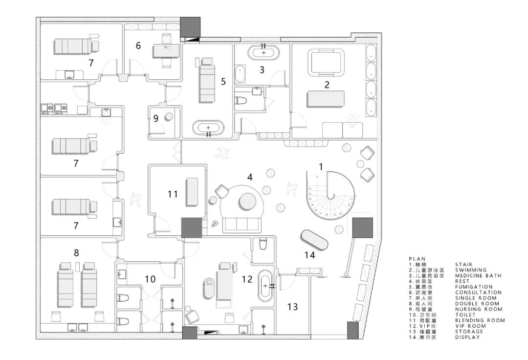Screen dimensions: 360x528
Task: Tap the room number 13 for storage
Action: coord(292,307)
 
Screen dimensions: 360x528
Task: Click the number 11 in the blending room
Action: coord(173,194)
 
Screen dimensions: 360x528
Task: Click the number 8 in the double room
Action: coord(76,253)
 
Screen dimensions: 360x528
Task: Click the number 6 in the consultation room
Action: coord(138,45)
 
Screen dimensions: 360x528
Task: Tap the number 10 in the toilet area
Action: coord(150,279)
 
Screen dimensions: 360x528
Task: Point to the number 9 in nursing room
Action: coord(156,118)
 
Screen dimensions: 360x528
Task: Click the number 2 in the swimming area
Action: coord(327,84)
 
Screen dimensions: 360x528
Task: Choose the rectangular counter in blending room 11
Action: coord(191,192)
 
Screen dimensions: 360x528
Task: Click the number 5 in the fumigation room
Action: coord(223,82)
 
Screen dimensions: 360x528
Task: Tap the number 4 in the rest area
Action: coord(250,178)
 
